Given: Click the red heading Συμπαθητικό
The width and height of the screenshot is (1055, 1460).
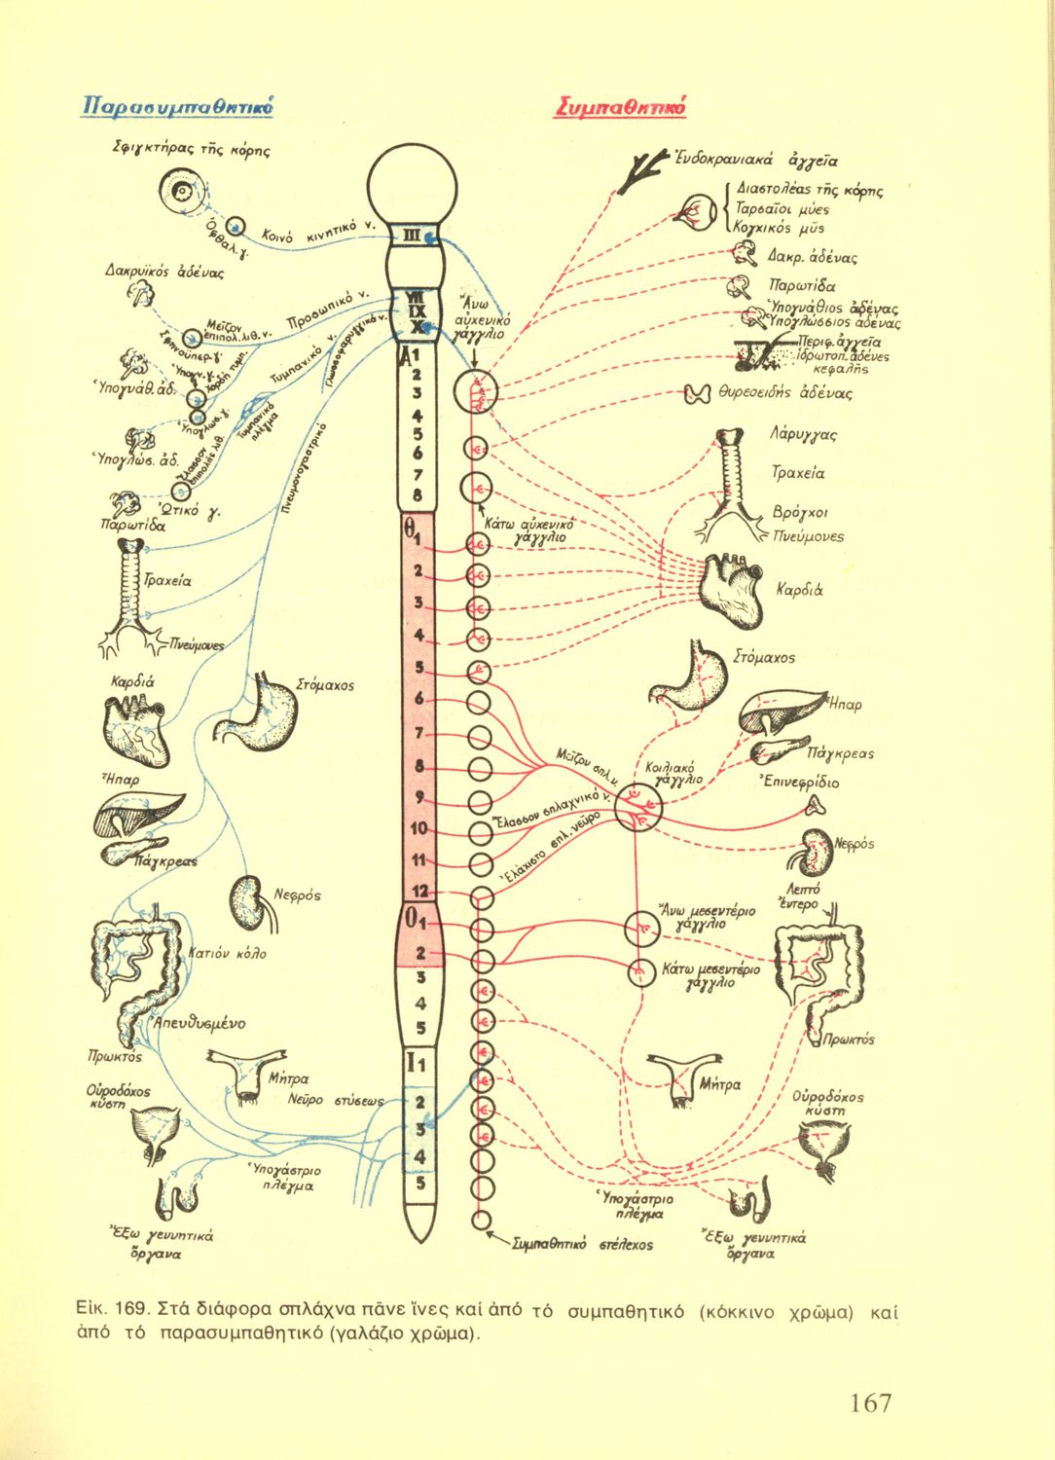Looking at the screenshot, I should point(621,107).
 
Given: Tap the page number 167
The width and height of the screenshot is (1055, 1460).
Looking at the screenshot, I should point(870,1403).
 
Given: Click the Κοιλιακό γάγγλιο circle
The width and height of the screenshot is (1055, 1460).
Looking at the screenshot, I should point(637,808).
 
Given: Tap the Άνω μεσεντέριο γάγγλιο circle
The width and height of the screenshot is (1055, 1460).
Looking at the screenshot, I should point(641,929).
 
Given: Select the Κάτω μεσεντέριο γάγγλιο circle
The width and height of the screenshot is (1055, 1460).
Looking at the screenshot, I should point(640,972).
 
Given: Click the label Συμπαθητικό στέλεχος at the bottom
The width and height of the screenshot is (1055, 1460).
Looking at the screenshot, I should point(582,1244).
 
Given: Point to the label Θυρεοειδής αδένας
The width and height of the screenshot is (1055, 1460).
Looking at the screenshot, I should point(784,393).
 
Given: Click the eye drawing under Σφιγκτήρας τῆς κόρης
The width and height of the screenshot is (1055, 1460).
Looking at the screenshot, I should point(182,192).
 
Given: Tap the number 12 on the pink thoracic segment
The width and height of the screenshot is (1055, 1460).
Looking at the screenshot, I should point(419,892).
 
